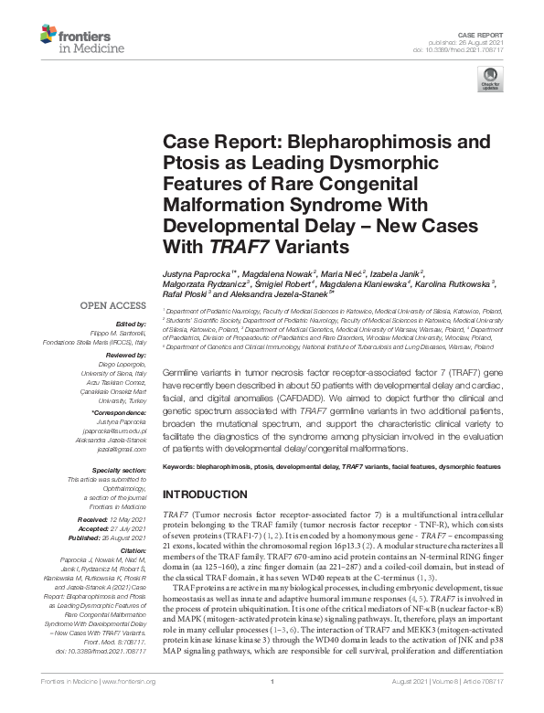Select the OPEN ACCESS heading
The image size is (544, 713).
click(x=112, y=305)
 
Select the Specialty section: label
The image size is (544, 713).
click(x=115, y=470)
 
